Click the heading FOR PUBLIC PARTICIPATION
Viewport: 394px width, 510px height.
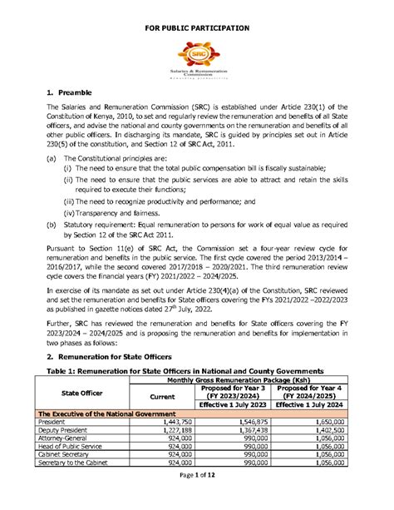197,17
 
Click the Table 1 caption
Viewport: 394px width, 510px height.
184,369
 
